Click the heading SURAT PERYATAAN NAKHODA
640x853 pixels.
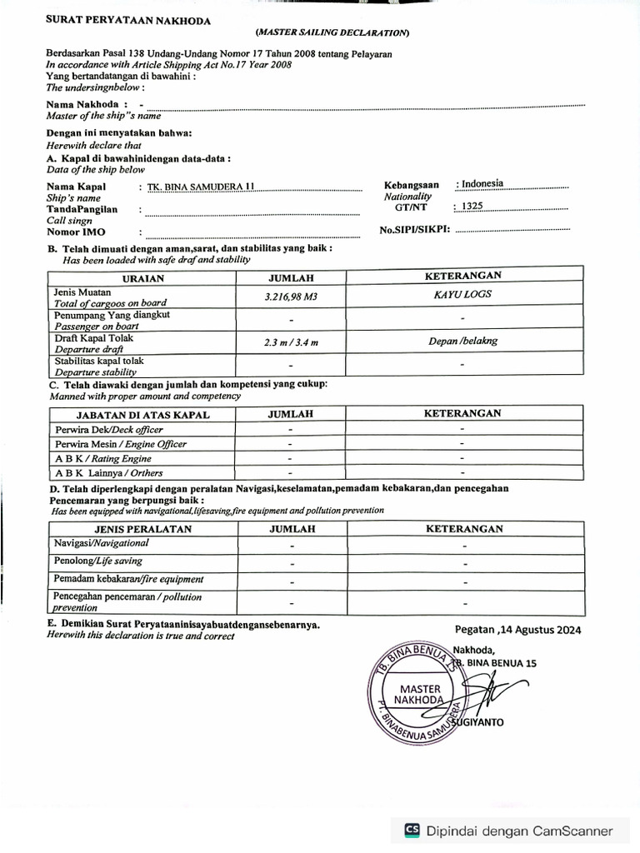click(x=128, y=21)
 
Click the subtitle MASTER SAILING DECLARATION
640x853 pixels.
click(x=332, y=32)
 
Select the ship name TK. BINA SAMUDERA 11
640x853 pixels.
click(x=198, y=187)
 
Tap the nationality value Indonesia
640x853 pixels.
click(x=482, y=183)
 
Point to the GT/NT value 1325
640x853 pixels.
click(x=472, y=206)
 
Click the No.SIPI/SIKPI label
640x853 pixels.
click(x=414, y=229)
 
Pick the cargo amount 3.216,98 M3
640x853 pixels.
click(x=291, y=297)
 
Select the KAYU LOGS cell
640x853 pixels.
click(x=462, y=294)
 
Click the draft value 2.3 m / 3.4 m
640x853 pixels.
click(x=291, y=342)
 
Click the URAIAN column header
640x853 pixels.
click(x=143, y=278)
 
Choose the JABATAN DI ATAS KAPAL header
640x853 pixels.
click(x=143, y=414)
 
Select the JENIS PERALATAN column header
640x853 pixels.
click(x=143, y=529)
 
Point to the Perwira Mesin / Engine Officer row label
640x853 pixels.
click(x=121, y=444)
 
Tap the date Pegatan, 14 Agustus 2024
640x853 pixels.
click(x=517, y=630)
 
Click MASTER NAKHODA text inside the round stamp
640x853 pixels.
click(x=420, y=695)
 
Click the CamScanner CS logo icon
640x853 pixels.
click(x=412, y=830)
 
